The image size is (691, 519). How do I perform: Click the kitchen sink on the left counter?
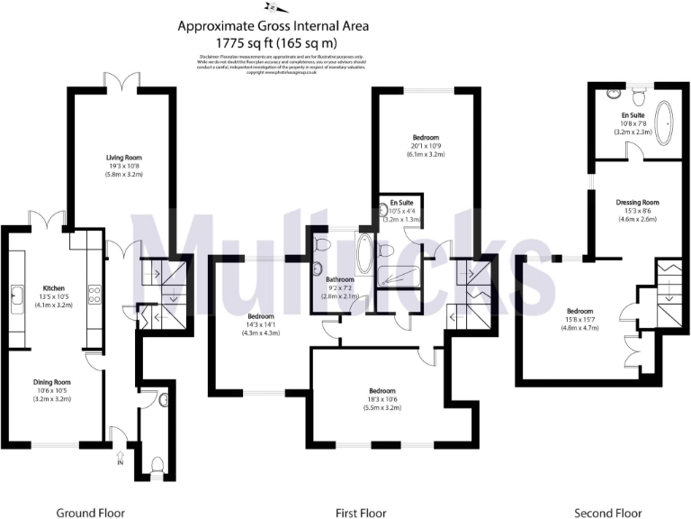pyautogui.click(x=16, y=293)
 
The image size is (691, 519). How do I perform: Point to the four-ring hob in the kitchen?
pyautogui.click(x=93, y=292)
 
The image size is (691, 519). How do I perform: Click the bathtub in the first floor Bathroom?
pyautogui.click(x=363, y=255)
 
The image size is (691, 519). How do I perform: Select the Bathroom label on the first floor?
pyautogui.click(x=340, y=279)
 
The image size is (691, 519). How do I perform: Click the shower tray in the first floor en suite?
pyautogui.click(x=396, y=278)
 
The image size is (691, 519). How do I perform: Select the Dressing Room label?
pyautogui.click(x=637, y=202)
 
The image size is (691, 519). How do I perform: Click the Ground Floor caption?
pyautogui.click(x=90, y=513)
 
